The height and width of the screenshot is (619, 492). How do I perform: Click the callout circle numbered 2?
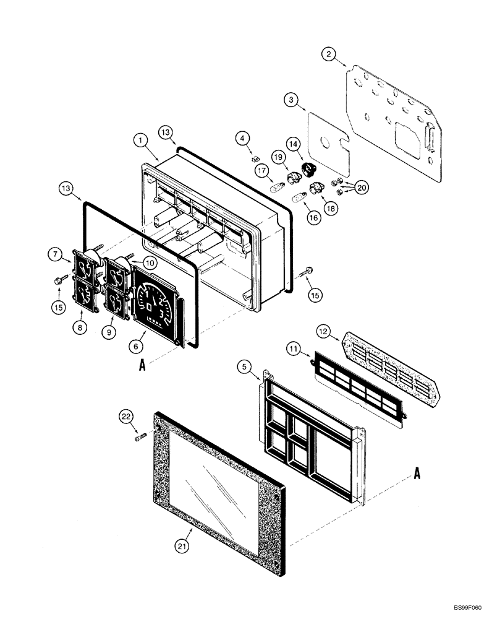329,54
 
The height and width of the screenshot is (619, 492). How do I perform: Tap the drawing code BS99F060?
465,609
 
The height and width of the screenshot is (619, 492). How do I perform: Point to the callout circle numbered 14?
293,144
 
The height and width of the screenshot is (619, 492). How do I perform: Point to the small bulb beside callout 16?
299,198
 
